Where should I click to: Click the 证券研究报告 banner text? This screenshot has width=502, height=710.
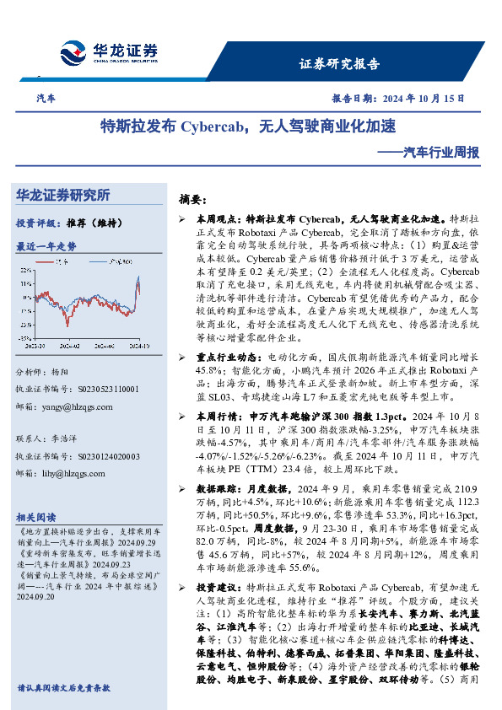pos(340,64)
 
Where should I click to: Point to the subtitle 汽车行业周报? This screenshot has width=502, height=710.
pos(440,153)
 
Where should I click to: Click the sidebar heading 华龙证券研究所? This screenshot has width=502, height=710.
pos(63,196)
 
